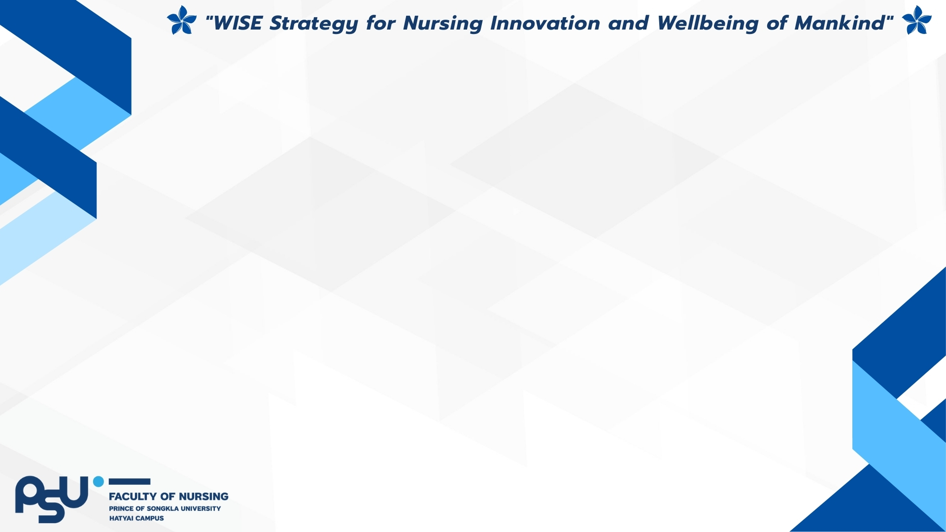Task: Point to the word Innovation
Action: tap(544, 23)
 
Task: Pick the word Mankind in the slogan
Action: tap(840, 23)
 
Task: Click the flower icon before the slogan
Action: tap(181, 21)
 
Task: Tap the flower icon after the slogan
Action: tap(916, 21)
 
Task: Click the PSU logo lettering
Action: tap(52, 499)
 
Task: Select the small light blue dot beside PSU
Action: tap(99, 481)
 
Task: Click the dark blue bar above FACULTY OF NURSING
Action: tap(129, 481)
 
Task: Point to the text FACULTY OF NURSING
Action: tap(169, 497)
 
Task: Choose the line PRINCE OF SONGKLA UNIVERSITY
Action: tap(165, 508)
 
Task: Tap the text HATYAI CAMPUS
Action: tap(136, 518)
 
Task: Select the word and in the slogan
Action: tap(628, 23)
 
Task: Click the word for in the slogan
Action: tap(380, 23)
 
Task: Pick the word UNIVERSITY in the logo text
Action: tap(201, 508)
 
